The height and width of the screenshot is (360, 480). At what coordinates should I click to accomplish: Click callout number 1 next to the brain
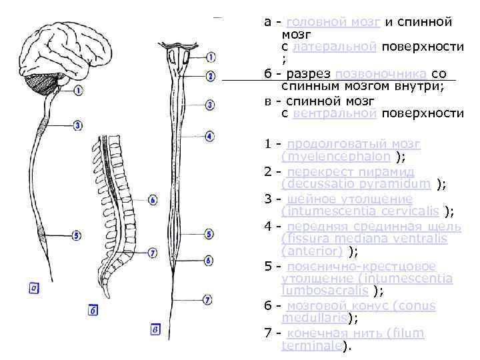pyautogui.click(x=79, y=90)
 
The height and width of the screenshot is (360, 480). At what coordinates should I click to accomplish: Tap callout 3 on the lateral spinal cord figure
pyautogui.click(x=78, y=125)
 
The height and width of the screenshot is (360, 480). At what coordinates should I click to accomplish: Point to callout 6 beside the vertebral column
pyautogui.click(x=153, y=199)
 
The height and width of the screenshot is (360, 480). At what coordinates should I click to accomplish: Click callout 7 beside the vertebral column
pyautogui.click(x=153, y=253)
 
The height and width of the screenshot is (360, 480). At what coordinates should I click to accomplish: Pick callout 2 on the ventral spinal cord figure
pyautogui.click(x=210, y=76)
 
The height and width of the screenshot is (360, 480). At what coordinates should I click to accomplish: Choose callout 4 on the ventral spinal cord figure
pyautogui.click(x=209, y=137)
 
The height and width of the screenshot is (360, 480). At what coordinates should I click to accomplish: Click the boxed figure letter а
pyautogui.click(x=33, y=288)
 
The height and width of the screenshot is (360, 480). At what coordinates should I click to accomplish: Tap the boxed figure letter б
pyautogui.click(x=93, y=309)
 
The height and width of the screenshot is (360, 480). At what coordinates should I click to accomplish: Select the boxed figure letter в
pyautogui.click(x=155, y=329)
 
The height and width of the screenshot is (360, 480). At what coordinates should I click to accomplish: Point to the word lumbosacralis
pyautogui.click(x=326, y=291)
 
